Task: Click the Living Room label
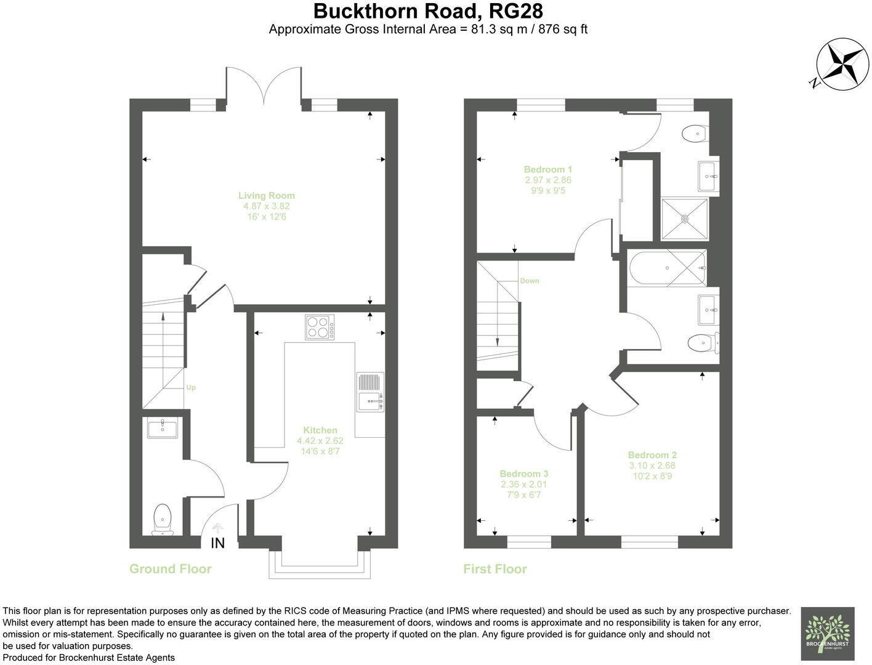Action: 267,196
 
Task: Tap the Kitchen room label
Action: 320,430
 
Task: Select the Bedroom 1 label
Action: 548,169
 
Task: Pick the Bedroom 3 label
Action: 523,474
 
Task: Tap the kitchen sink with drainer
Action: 370,392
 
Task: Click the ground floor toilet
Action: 162,518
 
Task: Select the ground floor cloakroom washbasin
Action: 163,428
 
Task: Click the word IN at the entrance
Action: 218,543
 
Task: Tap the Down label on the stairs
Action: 529,281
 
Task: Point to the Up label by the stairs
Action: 191,388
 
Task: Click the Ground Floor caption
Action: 170,569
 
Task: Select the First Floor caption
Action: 495,569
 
